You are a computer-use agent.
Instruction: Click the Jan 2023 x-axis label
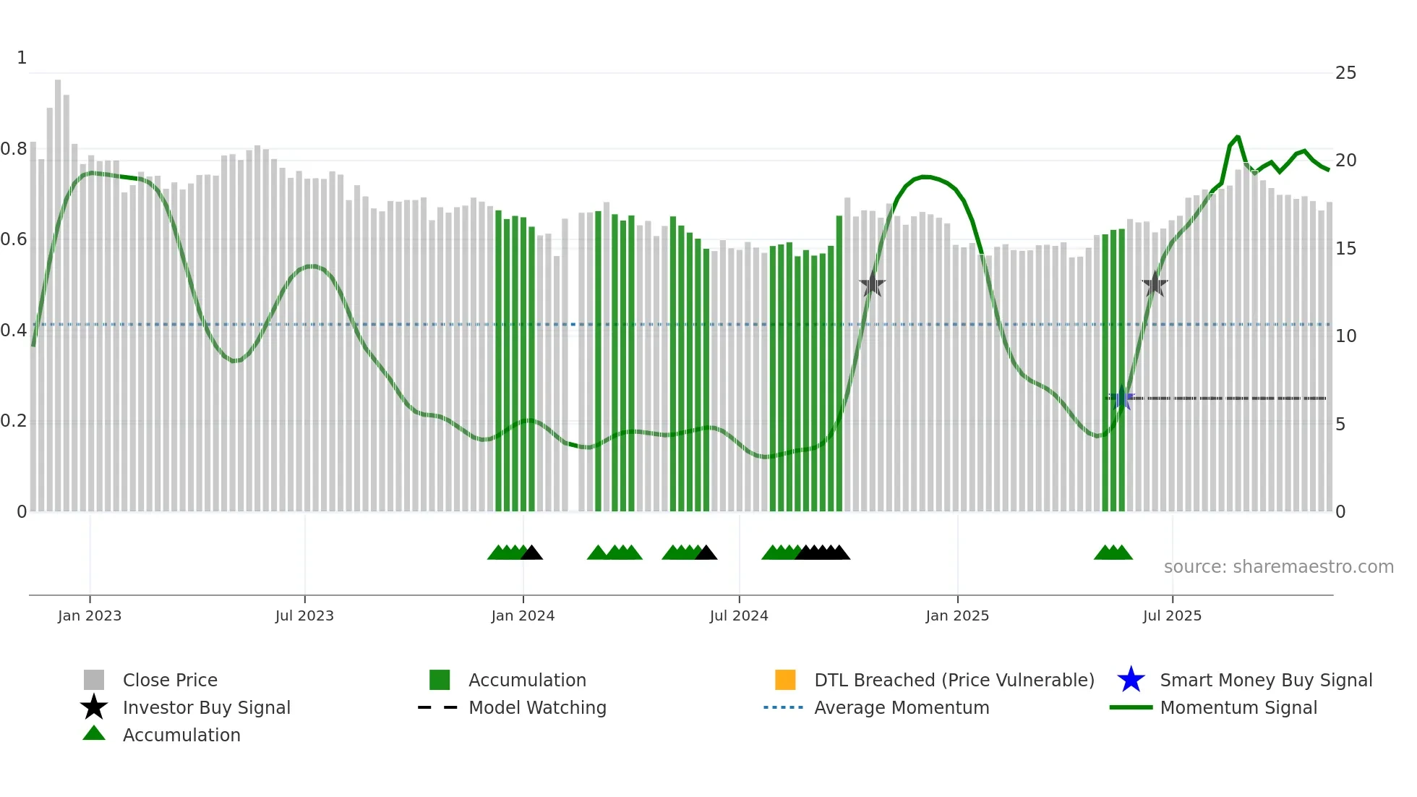pos(90,616)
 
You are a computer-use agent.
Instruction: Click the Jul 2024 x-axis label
pos(739,616)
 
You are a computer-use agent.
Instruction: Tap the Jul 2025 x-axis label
pos(1172,616)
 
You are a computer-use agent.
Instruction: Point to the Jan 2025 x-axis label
pos(957,616)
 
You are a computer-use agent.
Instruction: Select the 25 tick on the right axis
pos(1345,73)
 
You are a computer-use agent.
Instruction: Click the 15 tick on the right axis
pos(1345,249)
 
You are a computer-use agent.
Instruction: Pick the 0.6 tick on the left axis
pos(14,239)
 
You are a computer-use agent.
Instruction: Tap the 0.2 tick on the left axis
pos(14,421)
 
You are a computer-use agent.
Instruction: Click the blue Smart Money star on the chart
pos(1122,398)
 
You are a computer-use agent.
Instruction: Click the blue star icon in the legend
pos(1131,680)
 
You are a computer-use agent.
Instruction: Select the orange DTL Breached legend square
pos(785,680)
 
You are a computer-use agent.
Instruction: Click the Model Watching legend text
pos(537,708)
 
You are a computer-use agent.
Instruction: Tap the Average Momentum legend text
pos(902,708)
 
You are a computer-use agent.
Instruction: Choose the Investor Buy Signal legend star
pos(94,707)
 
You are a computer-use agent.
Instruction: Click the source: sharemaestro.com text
pos(1278,567)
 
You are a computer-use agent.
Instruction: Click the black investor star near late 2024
pos(873,284)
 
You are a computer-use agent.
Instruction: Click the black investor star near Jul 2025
pos(1155,284)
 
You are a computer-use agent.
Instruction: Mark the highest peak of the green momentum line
pos(1238,137)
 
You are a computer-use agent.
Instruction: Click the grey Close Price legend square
pos(94,680)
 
